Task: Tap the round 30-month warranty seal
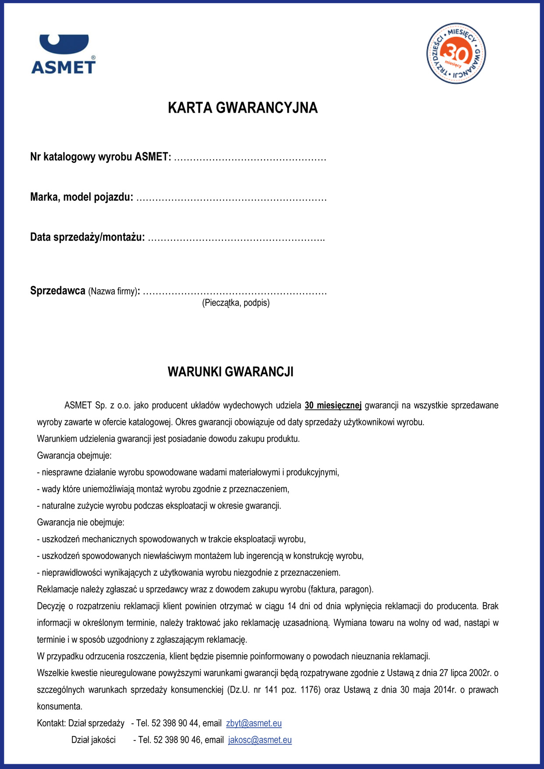(456, 53)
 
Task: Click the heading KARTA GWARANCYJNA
(243, 108)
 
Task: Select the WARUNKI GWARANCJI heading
(230, 372)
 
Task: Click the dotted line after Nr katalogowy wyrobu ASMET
(250, 158)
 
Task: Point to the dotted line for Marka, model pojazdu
(231, 198)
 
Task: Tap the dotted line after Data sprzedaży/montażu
(236, 239)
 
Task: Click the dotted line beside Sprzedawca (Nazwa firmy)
(235, 292)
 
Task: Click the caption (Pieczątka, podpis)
(236, 303)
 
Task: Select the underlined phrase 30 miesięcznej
(333, 405)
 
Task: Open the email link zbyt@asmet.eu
(254, 723)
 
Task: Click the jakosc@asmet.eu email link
(260, 740)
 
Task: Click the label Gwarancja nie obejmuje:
(80, 522)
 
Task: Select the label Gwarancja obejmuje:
(74, 455)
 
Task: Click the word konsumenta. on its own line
(60, 706)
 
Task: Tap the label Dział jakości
(93, 740)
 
